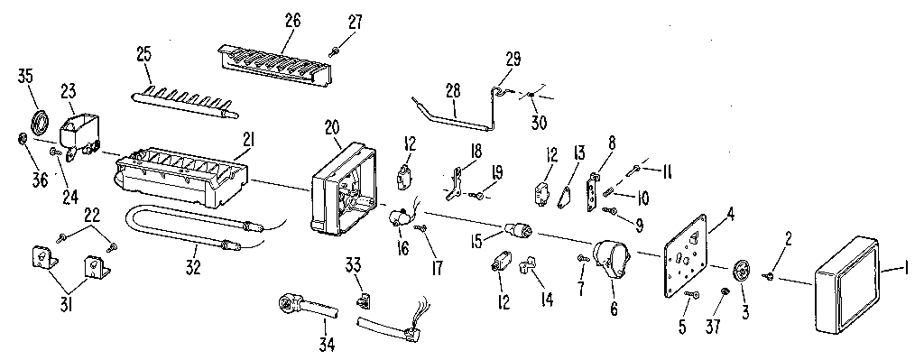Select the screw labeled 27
click(x=334, y=50)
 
